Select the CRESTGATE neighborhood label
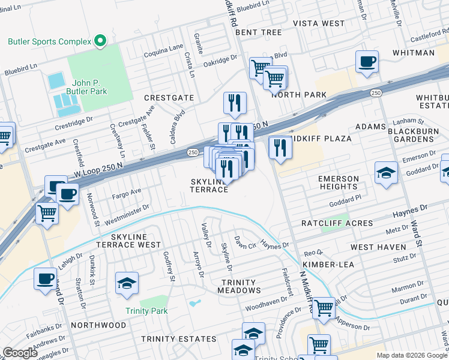169,97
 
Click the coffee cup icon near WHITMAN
367,61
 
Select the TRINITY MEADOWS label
238,286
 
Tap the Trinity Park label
146,311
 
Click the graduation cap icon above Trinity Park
127,284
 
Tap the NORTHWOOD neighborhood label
98,325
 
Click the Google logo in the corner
20,353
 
